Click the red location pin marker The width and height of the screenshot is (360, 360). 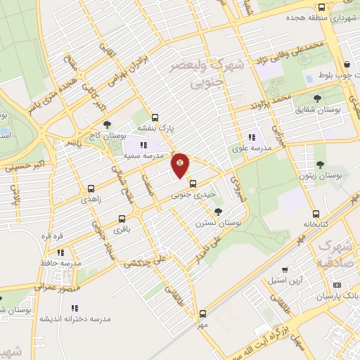(x=181, y=165)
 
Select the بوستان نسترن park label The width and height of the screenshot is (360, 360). (x=219, y=222)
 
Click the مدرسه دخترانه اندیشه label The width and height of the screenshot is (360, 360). (x=75, y=318)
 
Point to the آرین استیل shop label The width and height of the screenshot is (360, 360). (x=285, y=280)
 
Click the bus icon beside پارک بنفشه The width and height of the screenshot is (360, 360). (x=155, y=117)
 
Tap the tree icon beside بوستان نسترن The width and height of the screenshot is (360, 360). (x=219, y=211)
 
